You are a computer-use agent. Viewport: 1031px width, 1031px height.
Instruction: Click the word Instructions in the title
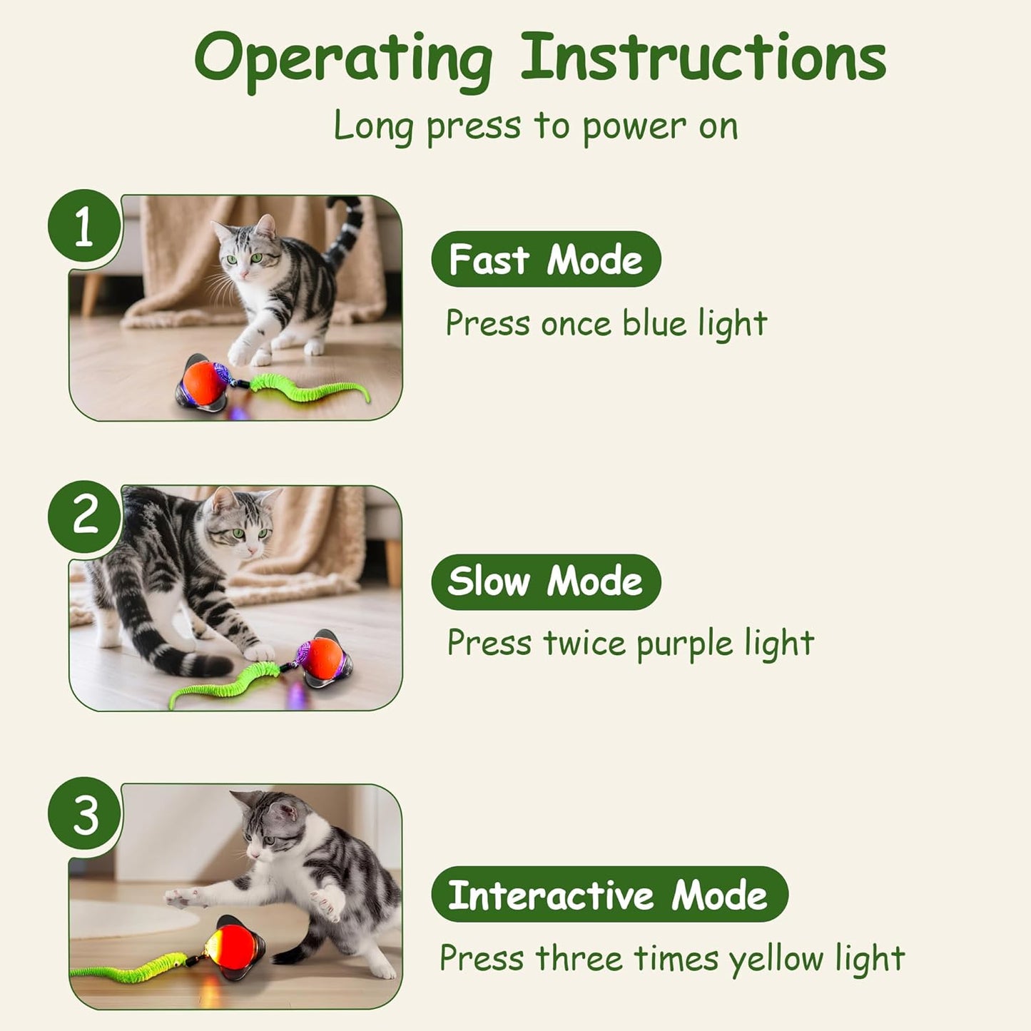(x=703, y=57)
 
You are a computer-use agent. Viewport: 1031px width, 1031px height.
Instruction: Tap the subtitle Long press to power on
(x=536, y=126)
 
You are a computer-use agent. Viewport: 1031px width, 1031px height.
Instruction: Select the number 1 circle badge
(x=84, y=226)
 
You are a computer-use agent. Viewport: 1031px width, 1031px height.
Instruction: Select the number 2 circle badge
(x=84, y=516)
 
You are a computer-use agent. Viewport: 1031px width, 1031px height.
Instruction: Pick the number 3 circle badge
(x=84, y=814)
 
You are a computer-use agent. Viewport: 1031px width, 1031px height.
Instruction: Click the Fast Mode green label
(x=546, y=259)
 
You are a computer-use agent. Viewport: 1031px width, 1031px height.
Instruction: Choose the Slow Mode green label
(x=546, y=581)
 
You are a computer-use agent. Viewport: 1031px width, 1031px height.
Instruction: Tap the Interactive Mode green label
(x=609, y=895)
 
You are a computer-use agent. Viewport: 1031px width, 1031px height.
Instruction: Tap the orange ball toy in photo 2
(x=322, y=658)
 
